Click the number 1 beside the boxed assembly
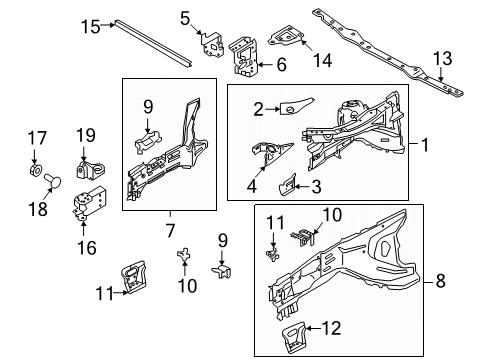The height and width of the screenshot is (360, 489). click(425, 144)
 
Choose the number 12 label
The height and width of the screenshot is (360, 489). click(332, 326)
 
